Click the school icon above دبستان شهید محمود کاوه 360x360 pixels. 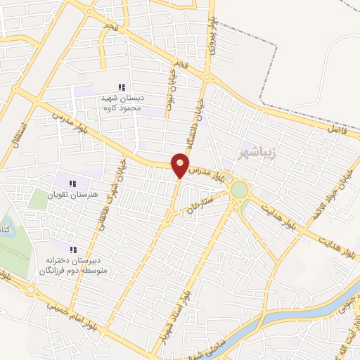tap(122, 87)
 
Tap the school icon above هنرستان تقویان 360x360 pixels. tap(72, 184)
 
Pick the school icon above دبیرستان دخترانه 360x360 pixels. tap(72, 249)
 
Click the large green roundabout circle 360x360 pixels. tap(240, 189)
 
